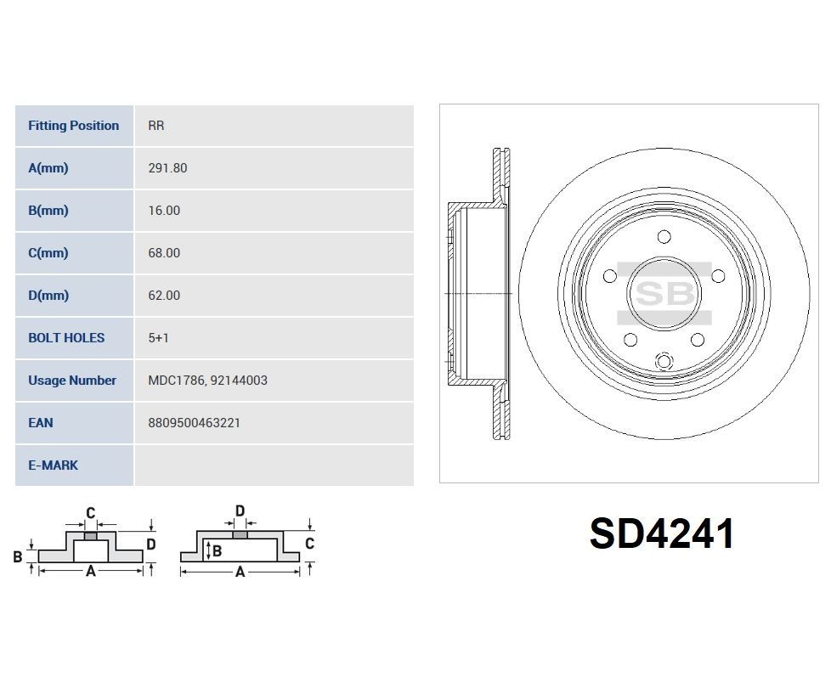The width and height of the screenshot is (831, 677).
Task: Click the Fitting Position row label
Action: (x=73, y=126)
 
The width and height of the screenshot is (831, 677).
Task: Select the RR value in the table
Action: (x=155, y=126)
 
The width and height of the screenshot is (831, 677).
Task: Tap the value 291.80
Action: (x=167, y=168)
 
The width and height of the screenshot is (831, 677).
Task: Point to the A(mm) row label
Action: (x=48, y=168)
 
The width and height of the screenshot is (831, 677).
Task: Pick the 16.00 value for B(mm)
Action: (x=163, y=211)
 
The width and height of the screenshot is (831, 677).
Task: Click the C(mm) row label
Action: (x=48, y=253)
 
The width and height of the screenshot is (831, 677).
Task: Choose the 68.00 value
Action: (x=163, y=253)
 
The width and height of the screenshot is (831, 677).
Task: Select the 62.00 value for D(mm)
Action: (x=163, y=296)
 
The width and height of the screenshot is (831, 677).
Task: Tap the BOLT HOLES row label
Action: (x=66, y=338)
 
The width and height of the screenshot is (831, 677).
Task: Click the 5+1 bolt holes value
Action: (x=158, y=338)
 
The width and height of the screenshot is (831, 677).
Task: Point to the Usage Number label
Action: (x=71, y=381)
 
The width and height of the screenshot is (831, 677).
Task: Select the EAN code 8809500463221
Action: (x=194, y=423)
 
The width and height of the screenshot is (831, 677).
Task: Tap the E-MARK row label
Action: (x=53, y=465)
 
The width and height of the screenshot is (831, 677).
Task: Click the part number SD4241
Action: (x=662, y=534)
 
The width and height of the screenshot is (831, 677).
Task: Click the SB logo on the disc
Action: (x=664, y=294)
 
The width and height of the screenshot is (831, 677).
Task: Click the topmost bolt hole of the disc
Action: (x=664, y=237)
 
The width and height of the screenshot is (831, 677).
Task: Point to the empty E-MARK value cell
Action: (x=273, y=465)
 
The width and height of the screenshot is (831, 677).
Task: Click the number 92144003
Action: (x=239, y=381)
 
